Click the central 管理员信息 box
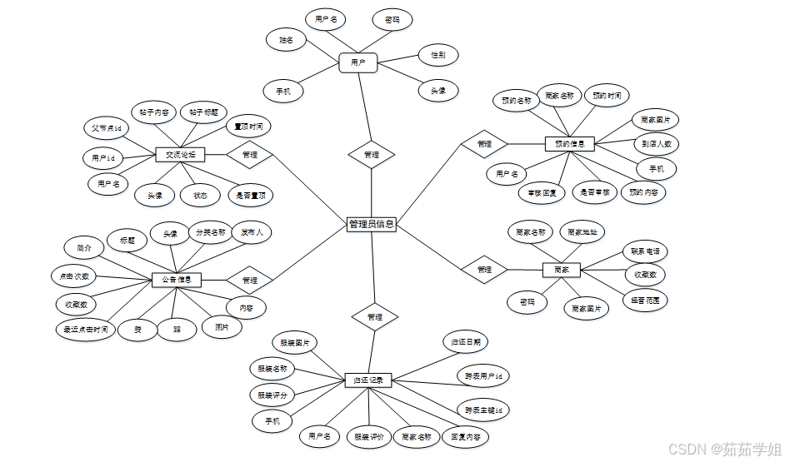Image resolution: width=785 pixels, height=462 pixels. click(371, 224)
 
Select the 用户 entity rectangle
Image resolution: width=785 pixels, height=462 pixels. click(358, 62)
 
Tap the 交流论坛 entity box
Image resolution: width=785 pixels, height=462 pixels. click(180, 155)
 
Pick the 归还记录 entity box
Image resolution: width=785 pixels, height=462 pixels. click(368, 380)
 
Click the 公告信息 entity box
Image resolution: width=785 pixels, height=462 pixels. click(177, 280)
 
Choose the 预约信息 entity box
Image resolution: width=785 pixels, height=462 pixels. click(569, 144)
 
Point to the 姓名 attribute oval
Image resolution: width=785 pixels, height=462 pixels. click(285, 39)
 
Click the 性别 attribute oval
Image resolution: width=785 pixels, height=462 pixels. click(437, 56)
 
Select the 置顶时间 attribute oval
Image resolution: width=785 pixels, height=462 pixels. click(248, 127)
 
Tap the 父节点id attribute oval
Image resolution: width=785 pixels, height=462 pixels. click(107, 129)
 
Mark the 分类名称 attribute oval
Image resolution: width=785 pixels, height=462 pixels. click(210, 232)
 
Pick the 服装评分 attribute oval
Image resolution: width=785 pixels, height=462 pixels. click(272, 395)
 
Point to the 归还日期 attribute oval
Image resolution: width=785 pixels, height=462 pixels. click(465, 341)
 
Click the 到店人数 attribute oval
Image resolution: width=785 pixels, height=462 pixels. click(657, 143)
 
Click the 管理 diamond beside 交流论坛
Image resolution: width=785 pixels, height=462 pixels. click(249, 155)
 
